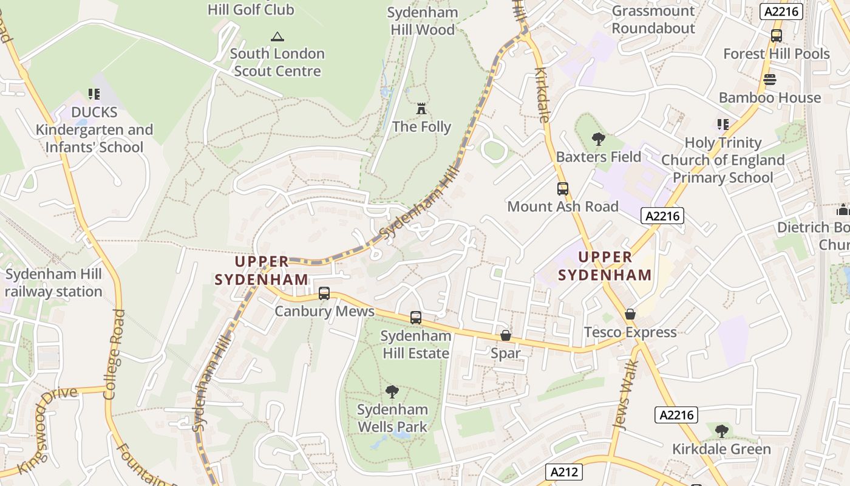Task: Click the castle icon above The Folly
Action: [421, 109]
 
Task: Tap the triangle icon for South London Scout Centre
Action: [277, 36]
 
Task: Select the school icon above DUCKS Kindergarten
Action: [93, 94]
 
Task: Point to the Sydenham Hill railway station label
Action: [53, 283]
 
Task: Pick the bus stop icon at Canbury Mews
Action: [324, 294]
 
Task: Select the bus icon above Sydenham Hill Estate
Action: [416, 318]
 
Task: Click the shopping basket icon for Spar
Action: [506, 336]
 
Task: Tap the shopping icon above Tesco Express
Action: [630, 315]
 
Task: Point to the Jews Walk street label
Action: [626, 395]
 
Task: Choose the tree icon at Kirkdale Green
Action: [721, 431]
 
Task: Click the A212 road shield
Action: [564, 472]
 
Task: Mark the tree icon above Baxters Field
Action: [599, 139]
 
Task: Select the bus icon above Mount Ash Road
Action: [563, 189]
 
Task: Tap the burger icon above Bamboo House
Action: [770, 80]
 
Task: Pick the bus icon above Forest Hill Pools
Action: [777, 36]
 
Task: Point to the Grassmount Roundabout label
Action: [653, 19]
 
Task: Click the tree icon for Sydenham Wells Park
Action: [392, 391]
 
